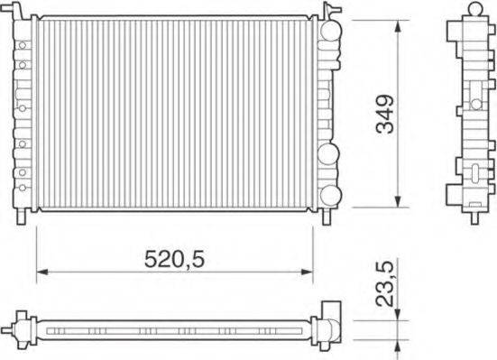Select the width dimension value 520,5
pos(176,258)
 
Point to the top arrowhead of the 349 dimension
pos(398,23)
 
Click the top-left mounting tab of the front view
pos(23,11)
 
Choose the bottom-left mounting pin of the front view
pos(23,217)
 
